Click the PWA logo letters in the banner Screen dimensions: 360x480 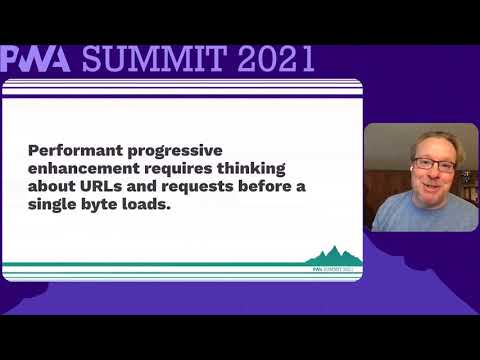pos(36,59)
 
